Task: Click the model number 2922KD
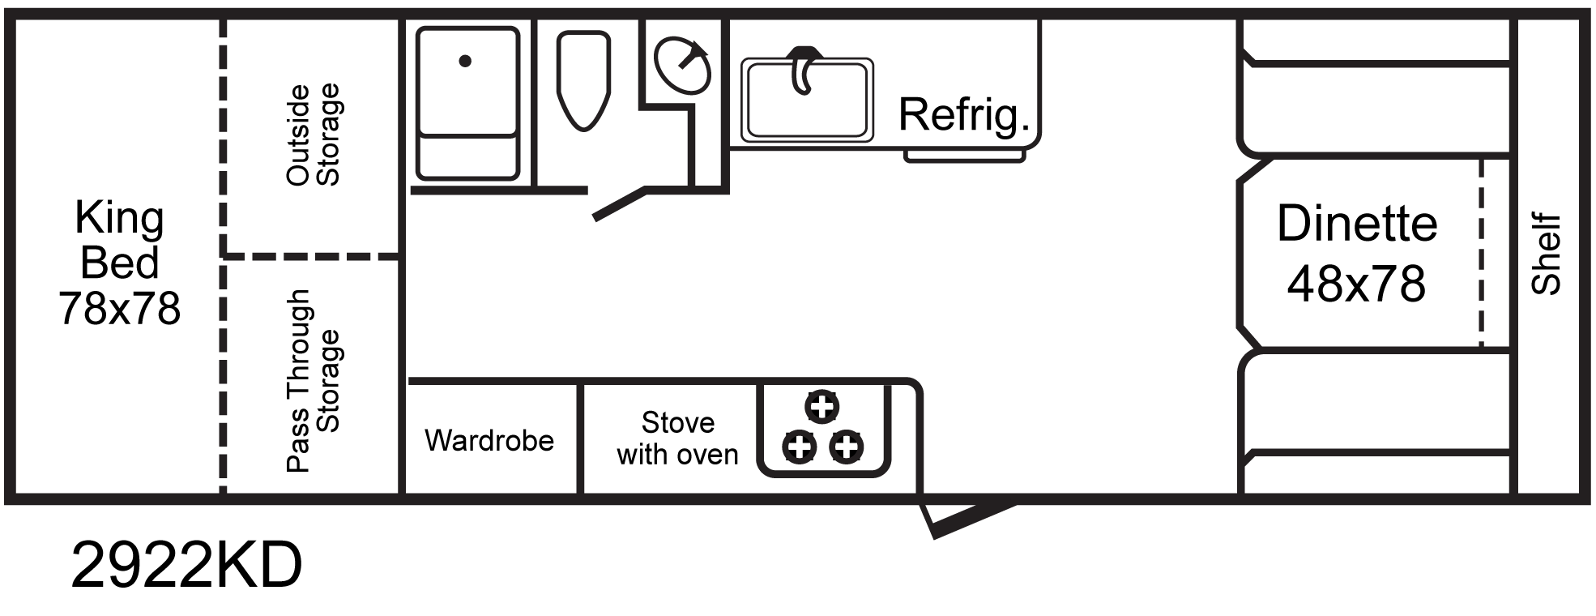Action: [x=186, y=566]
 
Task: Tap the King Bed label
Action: [x=120, y=241]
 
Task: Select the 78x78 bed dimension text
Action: [x=120, y=309]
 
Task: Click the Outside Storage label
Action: [x=314, y=135]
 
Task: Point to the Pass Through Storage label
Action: [x=314, y=380]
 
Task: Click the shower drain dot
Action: [x=465, y=61]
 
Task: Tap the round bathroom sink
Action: [x=682, y=66]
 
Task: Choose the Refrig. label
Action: [x=964, y=114]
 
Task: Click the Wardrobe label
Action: [x=489, y=441]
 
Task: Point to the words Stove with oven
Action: [x=677, y=438]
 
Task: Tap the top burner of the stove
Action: [x=822, y=406]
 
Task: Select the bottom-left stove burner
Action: [x=800, y=447]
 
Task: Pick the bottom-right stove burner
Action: [x=847, y=447]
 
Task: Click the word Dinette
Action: [x=1357, y=224]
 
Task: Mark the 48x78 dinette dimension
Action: [x=1356, y=284]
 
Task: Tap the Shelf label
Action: [x=1546, y=254]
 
